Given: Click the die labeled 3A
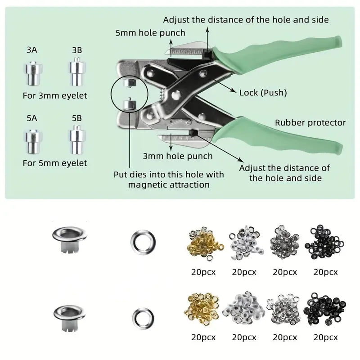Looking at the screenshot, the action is pyautogui.click(x=33, y=73).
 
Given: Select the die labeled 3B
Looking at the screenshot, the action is pyautogui.click(x=77, y=72).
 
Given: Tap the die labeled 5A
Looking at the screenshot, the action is pyautogui.click(x=33, y=141).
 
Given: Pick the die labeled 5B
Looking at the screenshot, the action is pyautogui.click(x=77, y=140).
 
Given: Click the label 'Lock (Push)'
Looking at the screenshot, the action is pyautogui.click(x=263, y=93).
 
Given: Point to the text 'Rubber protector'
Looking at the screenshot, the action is pyautogui.click(x=310, y=122).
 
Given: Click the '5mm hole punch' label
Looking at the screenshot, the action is pyautogui.click(x=150, y=33).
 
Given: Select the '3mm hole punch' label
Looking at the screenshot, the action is pyautogui.click(x=178, y=156).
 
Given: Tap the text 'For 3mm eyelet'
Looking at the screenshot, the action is pyautogui.click(x=55, y=96).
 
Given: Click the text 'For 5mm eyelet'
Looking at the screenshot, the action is pyautogui.click(x=55, y=163).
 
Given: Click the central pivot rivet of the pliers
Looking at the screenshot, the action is pyautogui.click(x=176, y=95).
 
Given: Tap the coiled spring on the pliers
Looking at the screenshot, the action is pyautogui.click(x=162, y=94).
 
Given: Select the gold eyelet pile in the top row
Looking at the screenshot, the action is pyautogui.click(x=205, y=243).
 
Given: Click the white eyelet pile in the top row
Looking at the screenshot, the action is pyautogui.click(x=246, y=243).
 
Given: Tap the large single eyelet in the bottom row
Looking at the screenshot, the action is pyautogui.click(x=70, y=318).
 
